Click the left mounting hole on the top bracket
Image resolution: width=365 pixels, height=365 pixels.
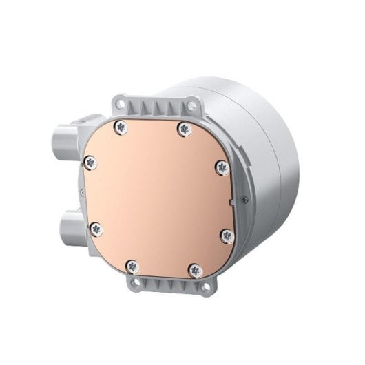pos(122,104)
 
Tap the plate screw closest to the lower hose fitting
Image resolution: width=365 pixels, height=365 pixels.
pos(95,227)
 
